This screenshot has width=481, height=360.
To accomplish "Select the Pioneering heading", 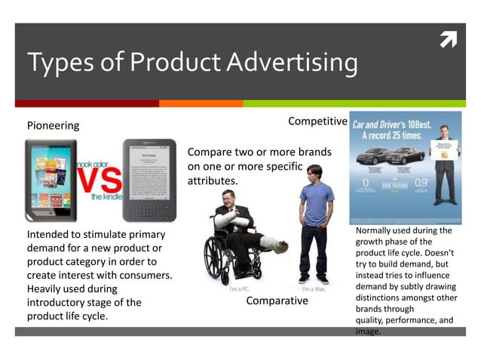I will [53, 125].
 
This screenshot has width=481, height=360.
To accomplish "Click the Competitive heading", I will [317, 121].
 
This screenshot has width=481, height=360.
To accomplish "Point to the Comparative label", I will [277, 301].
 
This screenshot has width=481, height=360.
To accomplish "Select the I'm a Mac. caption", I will [314, 289].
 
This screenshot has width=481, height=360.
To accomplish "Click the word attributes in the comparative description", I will [212, 182].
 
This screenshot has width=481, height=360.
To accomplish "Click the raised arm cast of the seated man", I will [225, 221].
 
